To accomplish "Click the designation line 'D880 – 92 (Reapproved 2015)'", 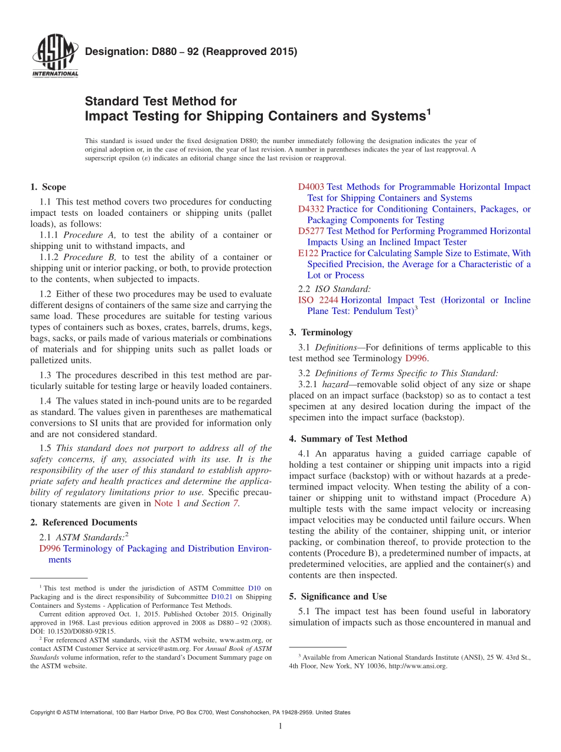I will [191, 51].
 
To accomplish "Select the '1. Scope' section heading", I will [48, 187].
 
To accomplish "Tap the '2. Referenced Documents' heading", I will [84, 523].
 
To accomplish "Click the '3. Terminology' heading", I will [321, 332].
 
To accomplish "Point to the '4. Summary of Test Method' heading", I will [348, 439].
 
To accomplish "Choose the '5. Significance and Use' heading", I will [338, 597].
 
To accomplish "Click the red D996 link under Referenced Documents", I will [50, 549].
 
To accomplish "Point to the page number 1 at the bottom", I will [280, 726].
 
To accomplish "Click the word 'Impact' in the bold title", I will [105, 116].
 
